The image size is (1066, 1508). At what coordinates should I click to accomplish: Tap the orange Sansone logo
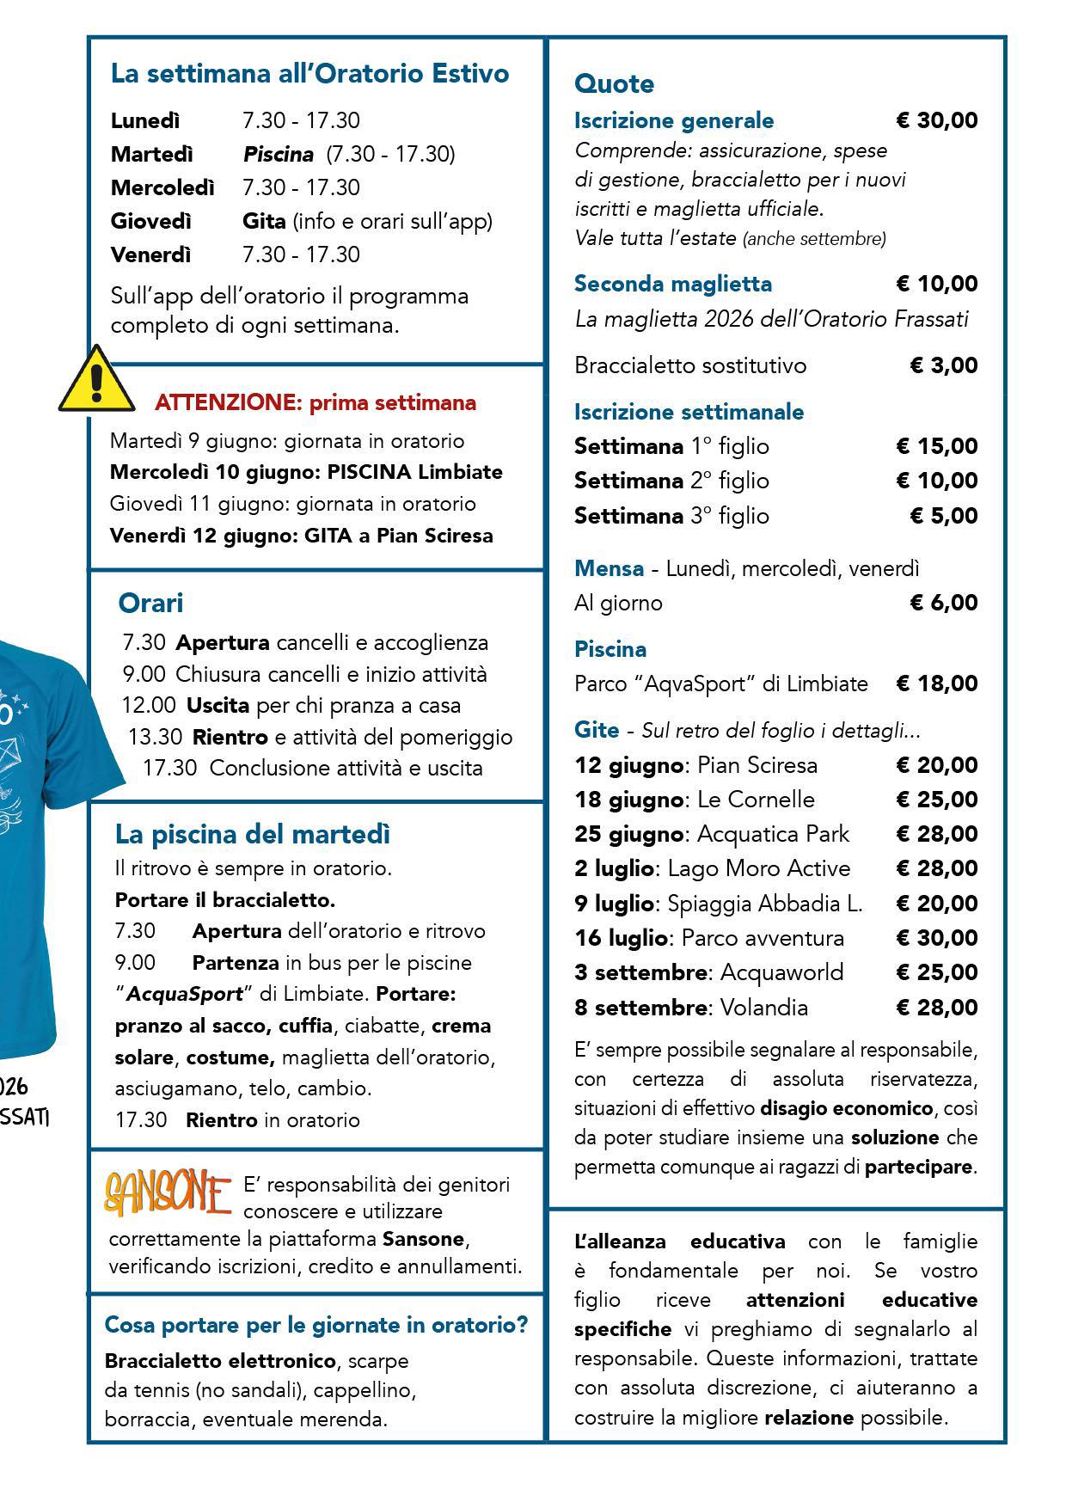(x=168, y=1194)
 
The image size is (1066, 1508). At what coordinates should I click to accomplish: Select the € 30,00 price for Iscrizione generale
(x=936, y=120)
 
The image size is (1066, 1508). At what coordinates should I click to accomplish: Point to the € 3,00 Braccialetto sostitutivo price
(x=943, y=365)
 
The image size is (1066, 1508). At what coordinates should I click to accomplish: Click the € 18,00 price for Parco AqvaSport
(x=936, y=684)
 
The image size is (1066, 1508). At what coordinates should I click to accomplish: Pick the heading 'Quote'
(x=614, y=83)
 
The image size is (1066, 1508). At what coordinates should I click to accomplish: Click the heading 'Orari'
(x=150, y=603)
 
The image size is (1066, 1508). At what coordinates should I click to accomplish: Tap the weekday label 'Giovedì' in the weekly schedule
(x=151, y=221)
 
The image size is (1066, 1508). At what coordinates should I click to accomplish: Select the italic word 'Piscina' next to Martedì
(x=279, y=154)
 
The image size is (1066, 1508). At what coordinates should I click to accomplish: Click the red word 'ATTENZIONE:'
(x=225, y=402)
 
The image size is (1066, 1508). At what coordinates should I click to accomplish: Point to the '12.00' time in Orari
(x=149, y=705)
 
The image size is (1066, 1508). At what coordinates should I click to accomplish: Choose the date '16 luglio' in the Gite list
(x=621, y=938)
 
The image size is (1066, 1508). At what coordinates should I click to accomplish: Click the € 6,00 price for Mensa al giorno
(x=943, y=603)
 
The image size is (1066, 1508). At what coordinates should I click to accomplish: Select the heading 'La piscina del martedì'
(x=253, y=834)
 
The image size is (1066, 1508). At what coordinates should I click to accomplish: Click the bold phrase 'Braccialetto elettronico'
(x=220, y=1361)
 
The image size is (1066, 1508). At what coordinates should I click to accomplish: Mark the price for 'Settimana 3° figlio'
(x=943, y=516)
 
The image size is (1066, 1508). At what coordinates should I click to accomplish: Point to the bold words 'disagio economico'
(x=846, y=1108)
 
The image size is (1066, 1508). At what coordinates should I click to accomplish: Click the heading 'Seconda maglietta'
(x=673, y=284)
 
